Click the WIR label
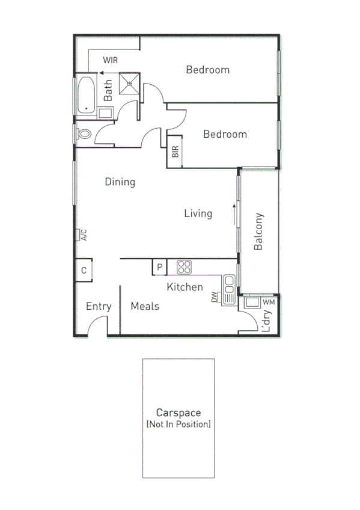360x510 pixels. [x=110, y=60]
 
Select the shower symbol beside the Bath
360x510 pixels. [x=129, y=84]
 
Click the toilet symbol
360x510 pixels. [x=84, y=134]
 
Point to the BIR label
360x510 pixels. [x=175, y=152]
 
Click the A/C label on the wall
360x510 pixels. [x=84, y=235]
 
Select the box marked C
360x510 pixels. [x=84, y=271]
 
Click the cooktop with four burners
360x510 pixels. [x=184, y=266]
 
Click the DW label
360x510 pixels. [x=214, y=296]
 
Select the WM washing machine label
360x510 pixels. [x=268, y=301]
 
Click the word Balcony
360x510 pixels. [x=259, y=232]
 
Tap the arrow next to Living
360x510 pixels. [x=232, y=213]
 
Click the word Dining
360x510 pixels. [x=120, y=182]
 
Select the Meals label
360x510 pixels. [x=145, y=306]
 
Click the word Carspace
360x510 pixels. [x=178, y=413]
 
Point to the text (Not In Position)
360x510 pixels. [x=178, y=425]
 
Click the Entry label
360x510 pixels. [x=99, y=306]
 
